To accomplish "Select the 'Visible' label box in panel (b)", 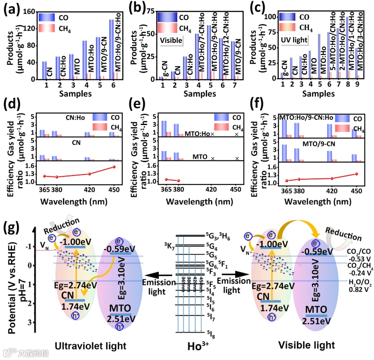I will (171, 40).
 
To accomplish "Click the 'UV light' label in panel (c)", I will (294, 40).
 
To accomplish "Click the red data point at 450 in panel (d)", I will (114, 167).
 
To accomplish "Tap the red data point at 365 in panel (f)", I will (286, 181).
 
